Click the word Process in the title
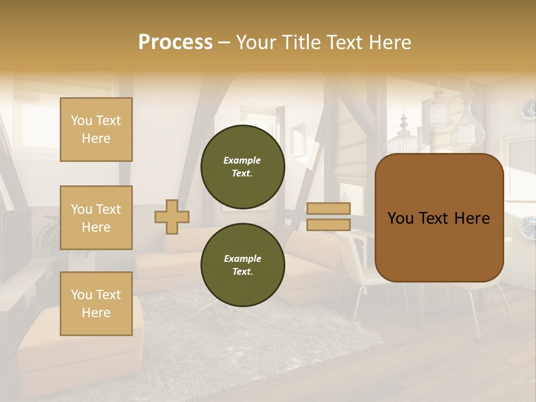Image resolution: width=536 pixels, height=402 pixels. pyautogui.click(x=175, y=42)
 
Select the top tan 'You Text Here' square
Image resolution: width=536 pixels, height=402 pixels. pyautogui.click(x=96, y=130)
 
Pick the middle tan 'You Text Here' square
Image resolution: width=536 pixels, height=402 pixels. pyautogui.click(x=96, y=218)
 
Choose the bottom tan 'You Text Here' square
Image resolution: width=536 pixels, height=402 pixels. pyautogui.click(x=96, y=304)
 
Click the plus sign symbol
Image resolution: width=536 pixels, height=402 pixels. pyautogui.click(x=172, y=217)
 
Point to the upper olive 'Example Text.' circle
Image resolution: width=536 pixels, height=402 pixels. pyautogui.click(x=242, y=167)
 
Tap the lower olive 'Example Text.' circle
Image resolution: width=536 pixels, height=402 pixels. pyautogui.click(x=242, y=265)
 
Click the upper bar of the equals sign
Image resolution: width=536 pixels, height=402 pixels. pyautogui.click(x=329, y=208)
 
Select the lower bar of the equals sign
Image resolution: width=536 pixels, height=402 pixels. pyautogui.click(x=329, y=224)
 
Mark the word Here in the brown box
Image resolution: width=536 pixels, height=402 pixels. pyautogui.click(x=472, y=218)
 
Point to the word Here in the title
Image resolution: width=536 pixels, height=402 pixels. pyautogui.click(x=390, y=42)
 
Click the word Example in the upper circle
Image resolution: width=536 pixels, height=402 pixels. pyautogui.click(x=242, y=160)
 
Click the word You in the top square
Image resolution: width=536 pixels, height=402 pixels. pyautogui.click(x=82, y=121)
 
